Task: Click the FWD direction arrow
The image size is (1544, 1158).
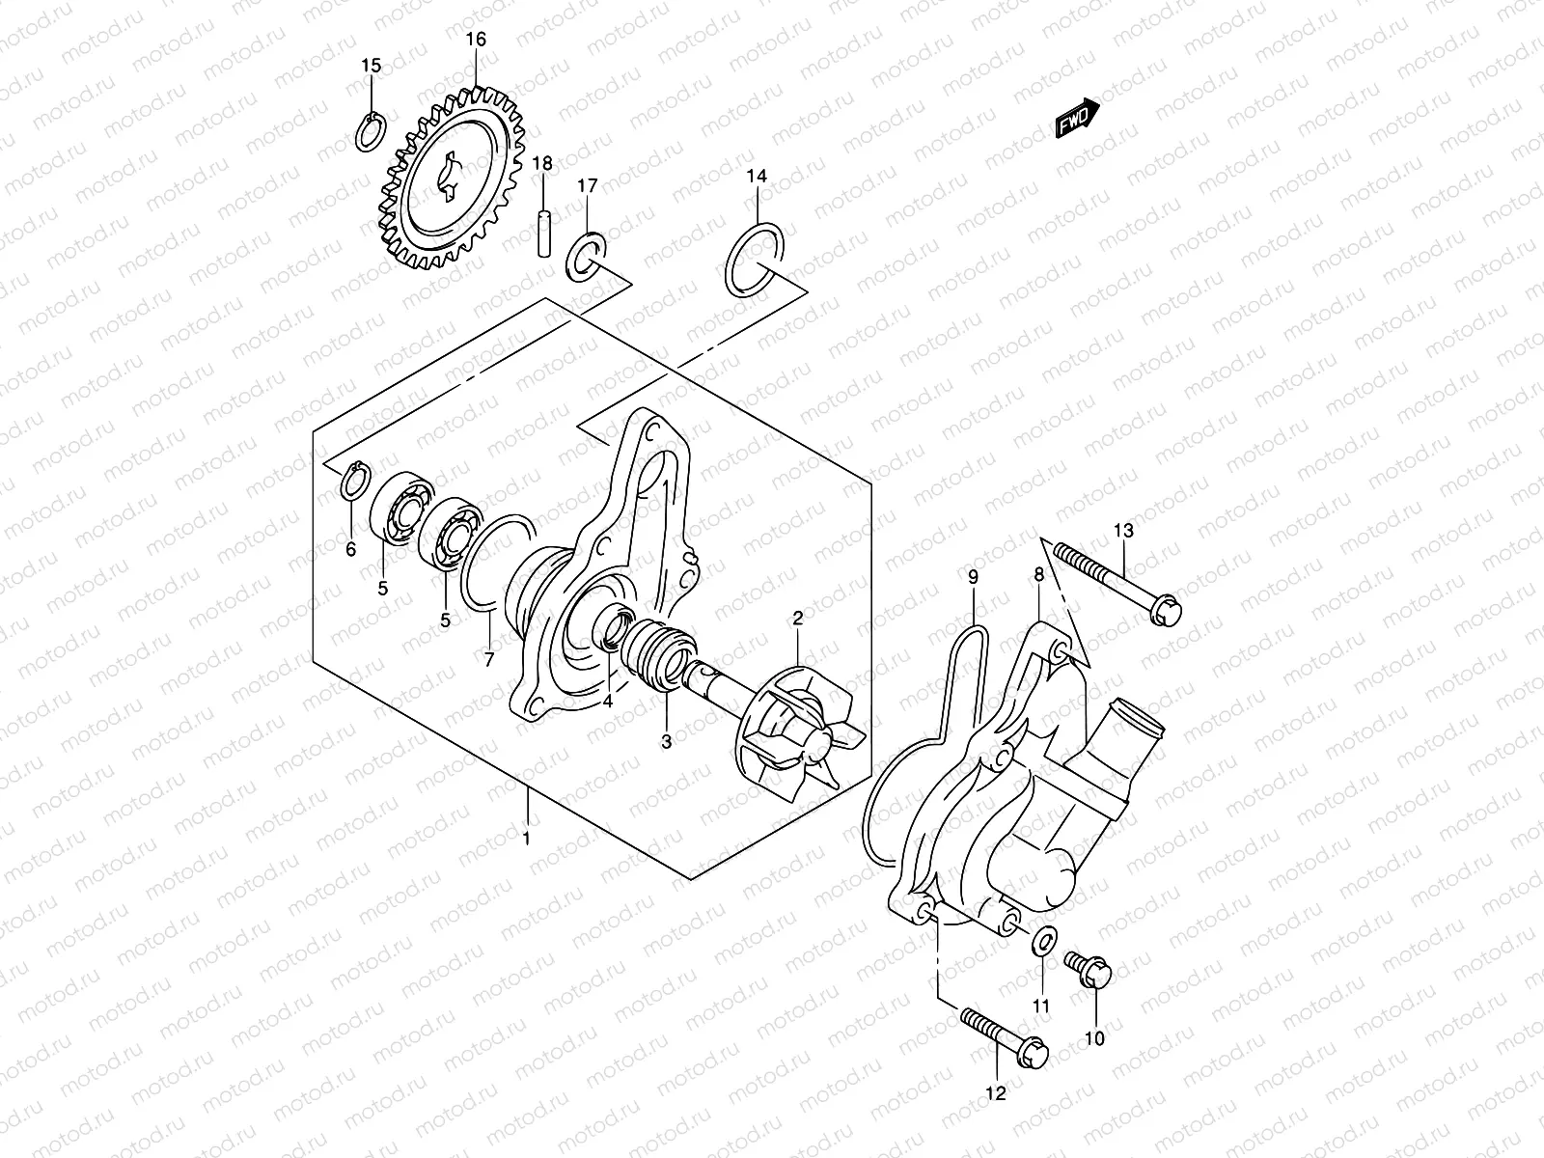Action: [1075, 119]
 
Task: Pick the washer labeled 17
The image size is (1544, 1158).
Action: [587, 253]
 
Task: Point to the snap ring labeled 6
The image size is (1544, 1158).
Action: [352, 482]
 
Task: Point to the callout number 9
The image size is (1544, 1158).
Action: [973, 577]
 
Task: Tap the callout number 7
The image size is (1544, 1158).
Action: [489, 660]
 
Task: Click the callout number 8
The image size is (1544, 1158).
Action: [1038, 574]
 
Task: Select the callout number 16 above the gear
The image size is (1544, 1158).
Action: [476, 40]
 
